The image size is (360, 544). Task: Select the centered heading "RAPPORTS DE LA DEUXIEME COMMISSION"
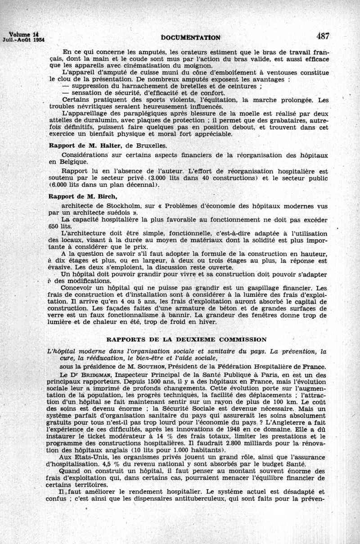click(186, 339)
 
